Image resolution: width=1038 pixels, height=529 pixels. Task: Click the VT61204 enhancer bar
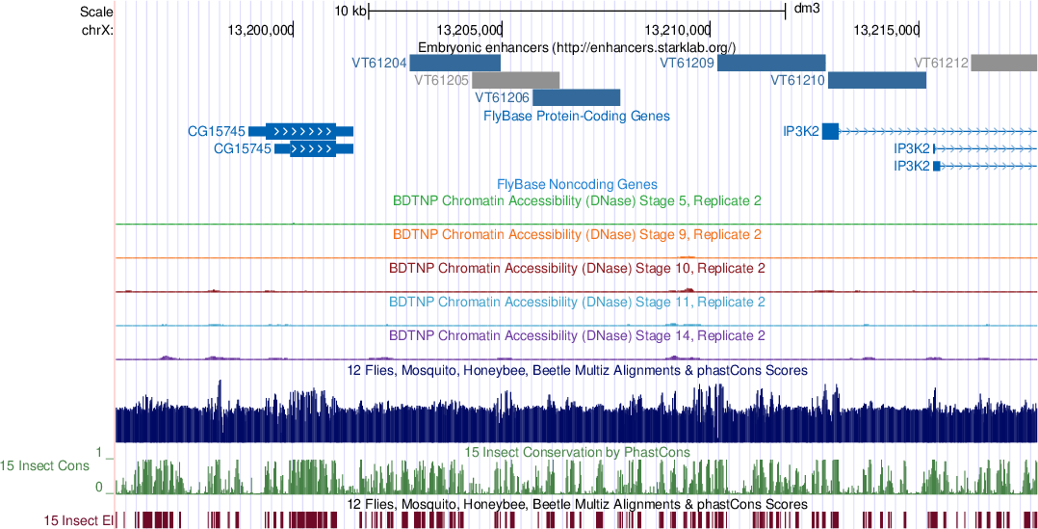pyautogui.click(x=454, y=63)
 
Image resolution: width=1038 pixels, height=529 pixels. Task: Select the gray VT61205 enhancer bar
pyautogui.click(x=515, y=79)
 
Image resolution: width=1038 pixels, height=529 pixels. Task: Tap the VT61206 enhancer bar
pyautogui.click(x=576, y=97)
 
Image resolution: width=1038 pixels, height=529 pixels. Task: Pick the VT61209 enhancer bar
pyautogui.click(x=771, y=63)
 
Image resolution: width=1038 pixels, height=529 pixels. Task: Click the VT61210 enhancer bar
pyautogui.click(x=876, y=80)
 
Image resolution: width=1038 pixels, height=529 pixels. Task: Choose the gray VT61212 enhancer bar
pyautogui.click(x=1003, y=63)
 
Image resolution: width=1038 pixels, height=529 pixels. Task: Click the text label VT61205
pyautogui.click(x=441, y=80)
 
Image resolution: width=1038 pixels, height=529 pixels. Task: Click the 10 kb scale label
pyautogui.click(x=350, y=11)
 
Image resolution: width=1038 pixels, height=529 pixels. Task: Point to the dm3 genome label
pyautogui.click(x=806, y=11)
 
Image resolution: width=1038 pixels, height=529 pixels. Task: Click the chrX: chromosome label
pyautogui.click(x=98, y=30)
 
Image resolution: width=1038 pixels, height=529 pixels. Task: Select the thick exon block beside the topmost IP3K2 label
pyautogui.click(x=830, y=131)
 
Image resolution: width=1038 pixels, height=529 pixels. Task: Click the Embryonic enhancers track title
pyautogui.click(x=577, y=47)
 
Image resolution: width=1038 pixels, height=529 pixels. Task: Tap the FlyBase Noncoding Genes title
pyautogui.click(x=577, y=184)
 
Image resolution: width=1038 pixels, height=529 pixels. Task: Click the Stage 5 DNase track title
pyautogui.click(x=577, y=201)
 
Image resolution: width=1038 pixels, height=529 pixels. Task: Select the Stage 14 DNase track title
pyautogui.click(x=577, y=336)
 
